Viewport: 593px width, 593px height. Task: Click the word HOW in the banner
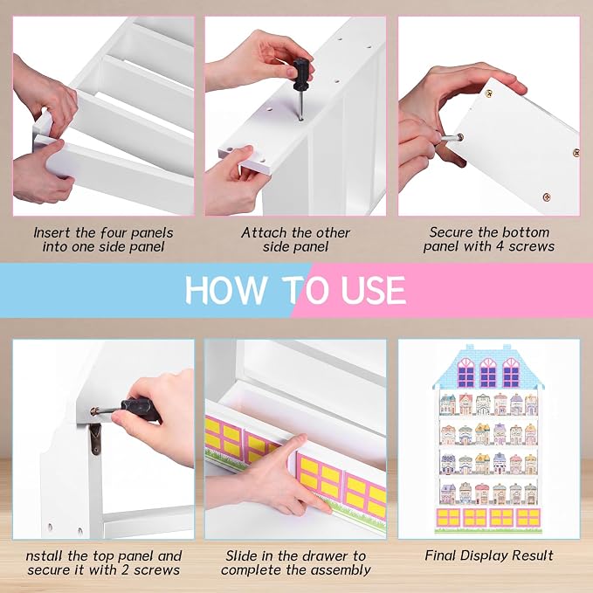point(225,290)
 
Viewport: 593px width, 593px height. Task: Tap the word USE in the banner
point(373,290)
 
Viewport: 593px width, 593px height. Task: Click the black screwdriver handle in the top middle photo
point(301,74)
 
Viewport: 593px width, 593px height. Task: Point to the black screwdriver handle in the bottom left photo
point(141,409)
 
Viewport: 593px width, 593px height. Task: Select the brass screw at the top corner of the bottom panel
point(488,93)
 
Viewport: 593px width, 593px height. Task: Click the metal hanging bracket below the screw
point(95,438)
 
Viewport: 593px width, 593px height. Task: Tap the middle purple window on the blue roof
point(488,372)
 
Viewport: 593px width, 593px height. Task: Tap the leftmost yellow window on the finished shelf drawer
point(448,517)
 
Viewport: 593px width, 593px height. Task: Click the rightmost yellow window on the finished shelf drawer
point(528,517)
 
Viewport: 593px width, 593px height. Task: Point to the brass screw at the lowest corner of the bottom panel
point(547,197)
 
